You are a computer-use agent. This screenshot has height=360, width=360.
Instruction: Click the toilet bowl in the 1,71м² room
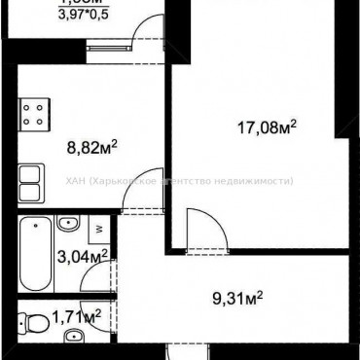(x=37, y=321)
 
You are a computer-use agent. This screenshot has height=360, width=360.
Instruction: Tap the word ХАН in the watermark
(x=74, y=179)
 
